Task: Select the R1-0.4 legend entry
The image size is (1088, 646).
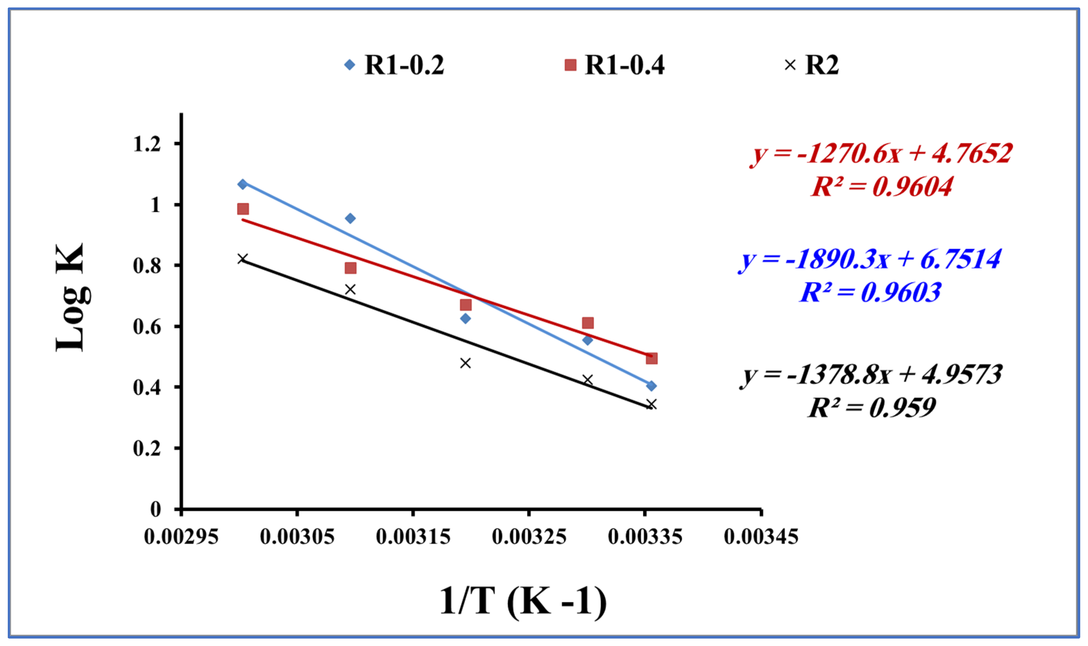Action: tap(614, 65)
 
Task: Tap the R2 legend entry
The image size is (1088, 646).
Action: tap(811, 65)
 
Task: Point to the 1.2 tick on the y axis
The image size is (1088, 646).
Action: tap(147, 144)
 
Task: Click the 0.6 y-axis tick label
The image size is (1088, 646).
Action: tap(147, 326)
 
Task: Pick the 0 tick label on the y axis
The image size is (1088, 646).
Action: tap(155, 509)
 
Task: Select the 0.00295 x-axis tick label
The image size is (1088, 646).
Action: tap(181, 537)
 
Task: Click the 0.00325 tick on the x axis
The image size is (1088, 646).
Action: tap(529, 537)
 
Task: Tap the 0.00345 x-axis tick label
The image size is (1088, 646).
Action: tap(761, 537)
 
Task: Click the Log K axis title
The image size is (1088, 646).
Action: tap(71, 297)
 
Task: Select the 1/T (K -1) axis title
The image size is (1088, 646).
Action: tap(523, 601)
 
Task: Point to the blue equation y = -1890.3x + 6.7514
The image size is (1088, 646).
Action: tap(870, 259)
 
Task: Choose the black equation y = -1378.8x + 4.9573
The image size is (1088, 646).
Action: tap(871, 375)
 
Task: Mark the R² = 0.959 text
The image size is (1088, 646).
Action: tap(871, 408)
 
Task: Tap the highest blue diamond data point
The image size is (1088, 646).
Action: tap(243, 184)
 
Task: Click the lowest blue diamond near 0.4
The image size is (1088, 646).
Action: tap(651, 386)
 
